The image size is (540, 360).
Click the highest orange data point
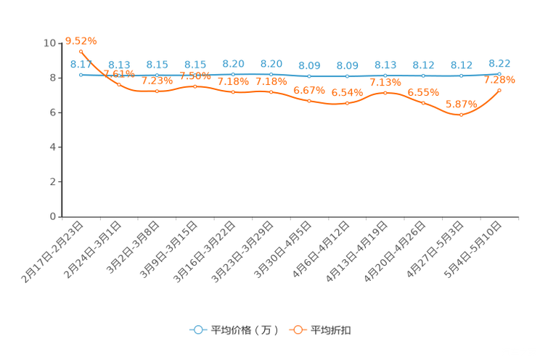(x=81, y=52)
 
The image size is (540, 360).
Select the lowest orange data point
(x=461, y=115)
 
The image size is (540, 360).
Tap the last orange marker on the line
(x=499, y=90)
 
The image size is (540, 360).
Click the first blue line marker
(x=81, y=74)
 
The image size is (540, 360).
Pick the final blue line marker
(x=499, y=73)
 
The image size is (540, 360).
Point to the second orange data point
(x=119, y=84)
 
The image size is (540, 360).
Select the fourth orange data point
(x=195, y=86)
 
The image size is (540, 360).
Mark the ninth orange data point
(x=385, y=93)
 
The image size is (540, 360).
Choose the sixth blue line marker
(x=271, y=74)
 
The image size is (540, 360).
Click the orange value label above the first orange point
(x=81, y=41)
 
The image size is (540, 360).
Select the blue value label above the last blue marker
(x=499, y=63)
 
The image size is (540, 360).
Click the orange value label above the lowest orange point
(x=460, y=105)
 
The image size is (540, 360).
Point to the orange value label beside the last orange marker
(x=501, y=79)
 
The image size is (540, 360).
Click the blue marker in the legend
(x=196, y=330)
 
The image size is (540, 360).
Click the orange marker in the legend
(x=296, y=330)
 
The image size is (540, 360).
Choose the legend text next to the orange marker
(x=331, y=330)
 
